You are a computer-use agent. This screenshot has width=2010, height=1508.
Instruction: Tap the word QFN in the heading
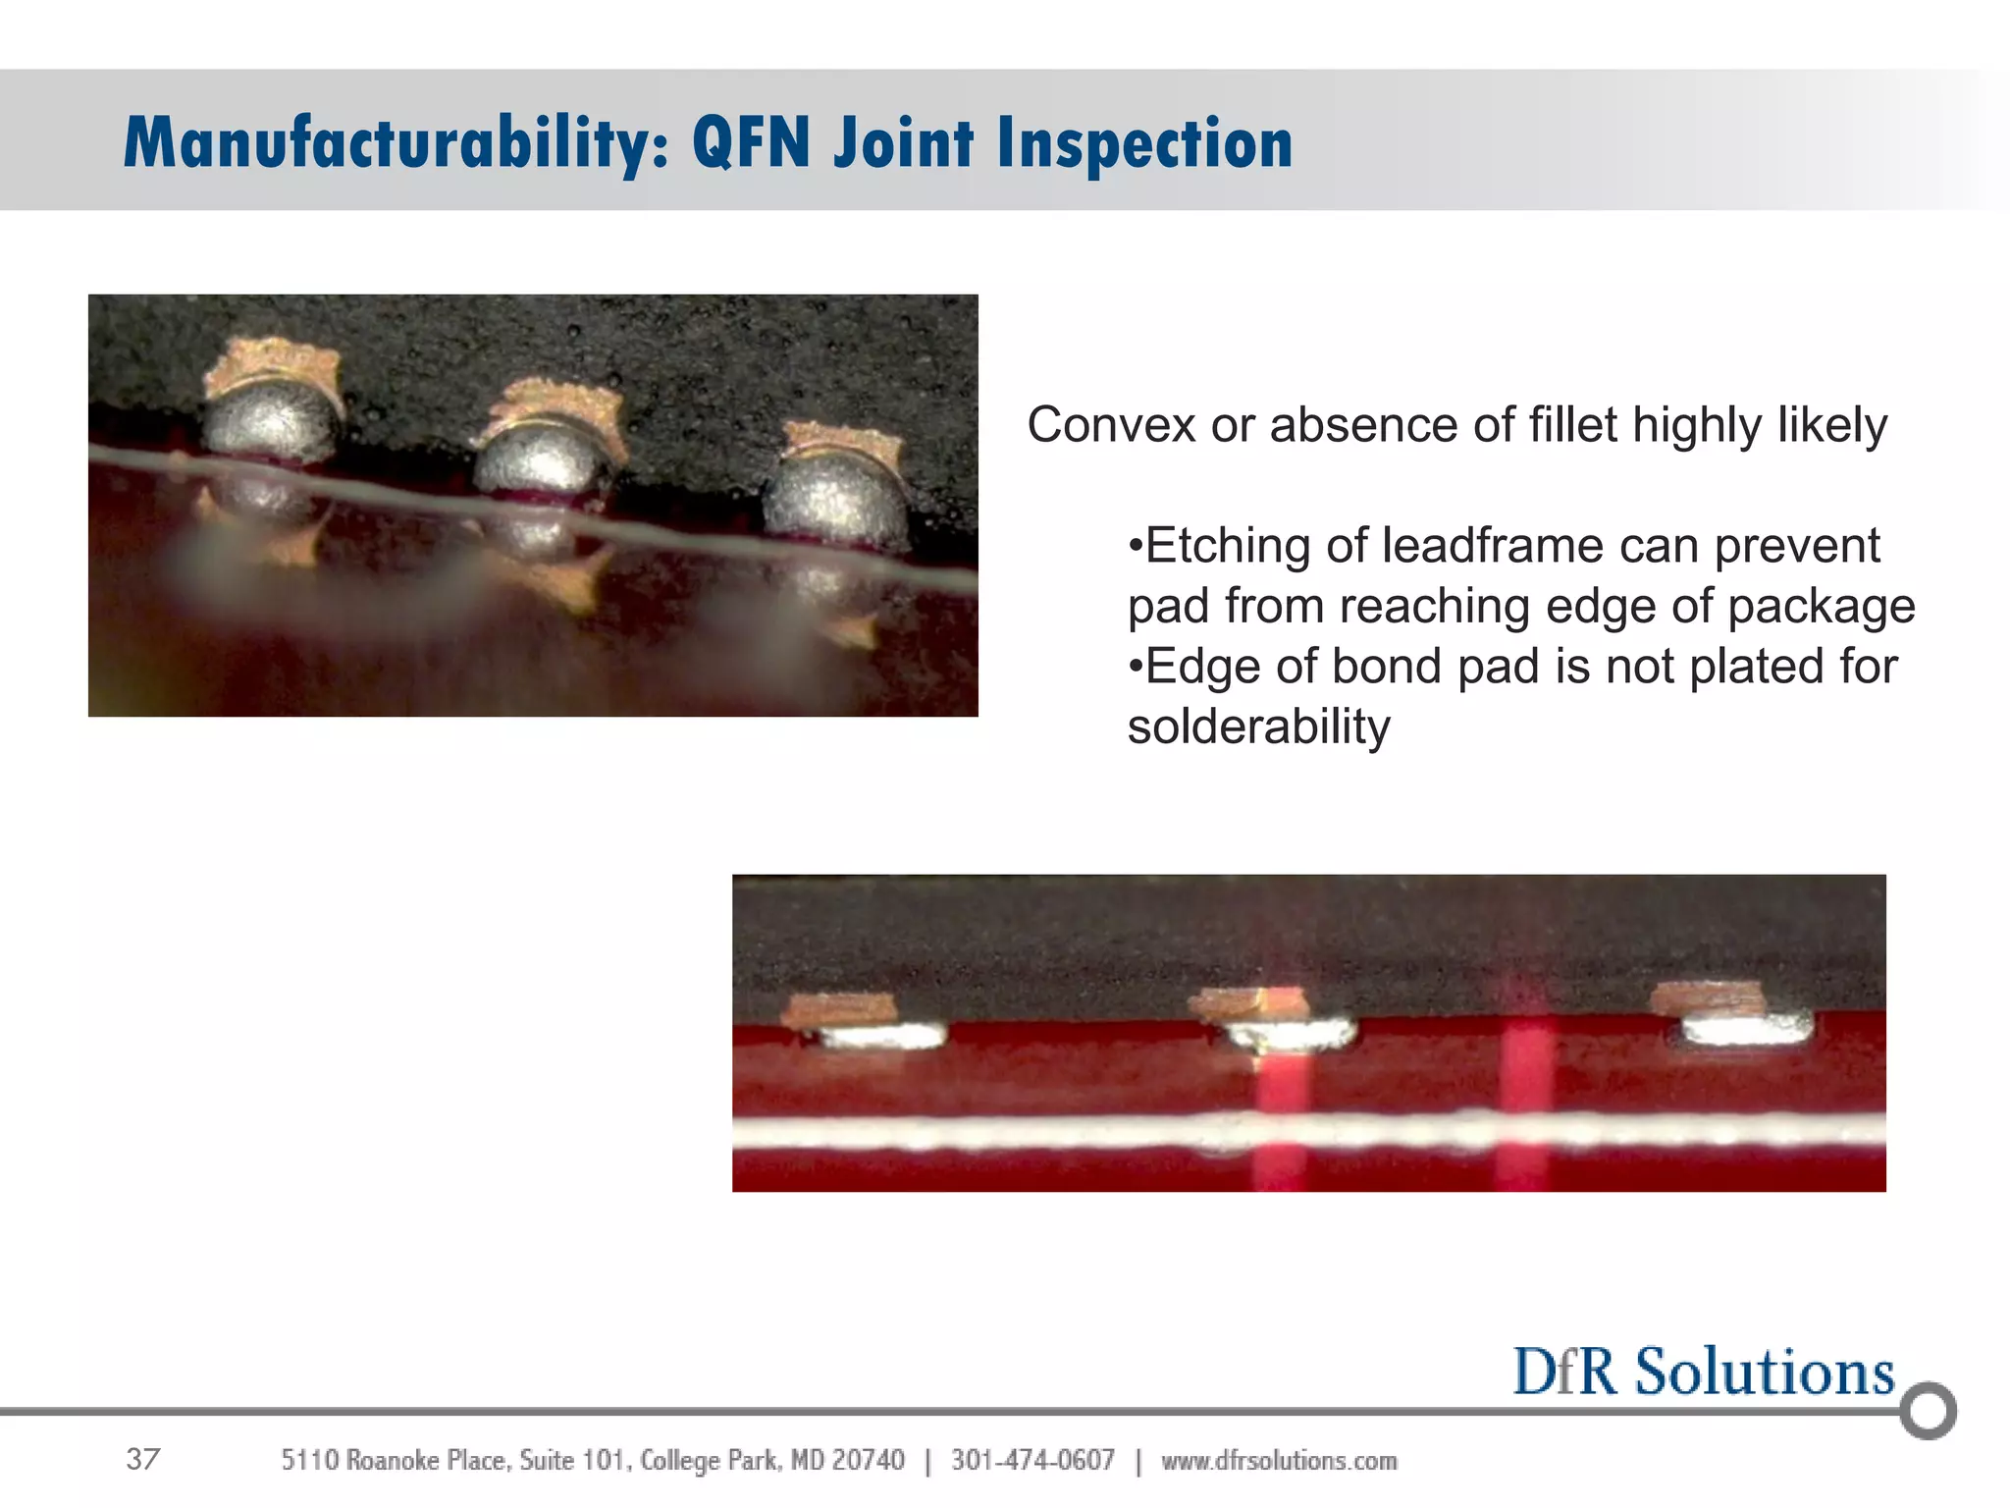[751, 143]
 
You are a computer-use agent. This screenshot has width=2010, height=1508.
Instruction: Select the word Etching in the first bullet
[1227, 546]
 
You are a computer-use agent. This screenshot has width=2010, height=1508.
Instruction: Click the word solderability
[1258, 727]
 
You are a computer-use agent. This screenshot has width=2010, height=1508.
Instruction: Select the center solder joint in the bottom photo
[1290, 1033]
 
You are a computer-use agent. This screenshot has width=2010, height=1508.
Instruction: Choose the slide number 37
[143, 1460]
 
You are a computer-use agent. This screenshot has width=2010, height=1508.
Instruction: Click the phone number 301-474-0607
[1032, 1461]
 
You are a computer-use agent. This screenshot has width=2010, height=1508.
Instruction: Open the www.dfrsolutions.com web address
[1279, 1461]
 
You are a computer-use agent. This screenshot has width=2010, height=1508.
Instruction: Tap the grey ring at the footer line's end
[1928, 1411]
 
